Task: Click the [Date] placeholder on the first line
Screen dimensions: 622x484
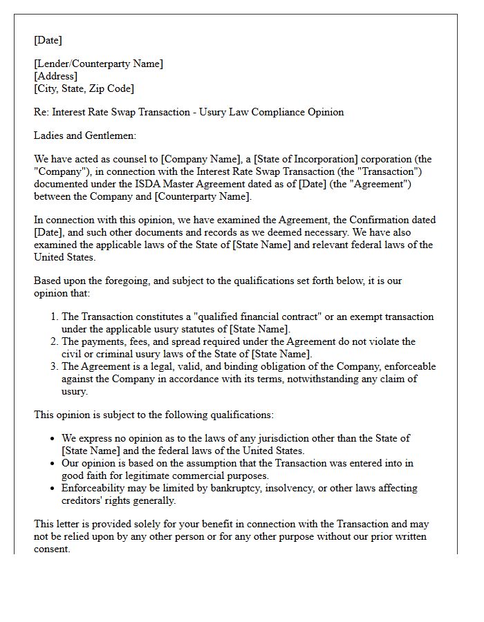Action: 48,40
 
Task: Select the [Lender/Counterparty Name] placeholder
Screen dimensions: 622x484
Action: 98,64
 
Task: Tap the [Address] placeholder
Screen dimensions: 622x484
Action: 55,76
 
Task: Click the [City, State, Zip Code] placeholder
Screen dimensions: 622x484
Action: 84,88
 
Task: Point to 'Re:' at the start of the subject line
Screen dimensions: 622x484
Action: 41,112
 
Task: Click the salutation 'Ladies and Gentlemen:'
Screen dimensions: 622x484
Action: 85,136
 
